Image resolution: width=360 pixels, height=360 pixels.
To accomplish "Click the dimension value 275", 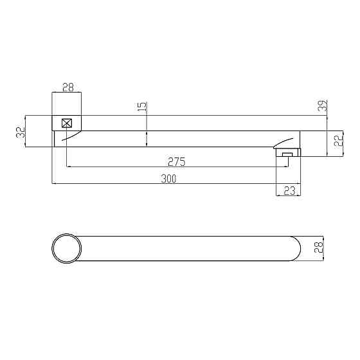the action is (176, 161).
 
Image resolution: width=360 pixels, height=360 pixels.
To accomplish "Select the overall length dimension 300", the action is (168, 179).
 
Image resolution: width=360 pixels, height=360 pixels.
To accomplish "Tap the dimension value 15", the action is (142, 107).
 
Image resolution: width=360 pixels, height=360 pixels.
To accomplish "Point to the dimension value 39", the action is (323, 105).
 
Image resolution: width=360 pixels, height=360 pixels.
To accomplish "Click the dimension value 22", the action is (338, 140).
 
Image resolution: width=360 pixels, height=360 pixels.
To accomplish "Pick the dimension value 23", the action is (289, 190).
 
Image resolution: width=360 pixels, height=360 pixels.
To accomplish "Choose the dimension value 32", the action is (21, 132).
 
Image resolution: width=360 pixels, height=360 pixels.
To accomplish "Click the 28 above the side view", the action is (68, 87).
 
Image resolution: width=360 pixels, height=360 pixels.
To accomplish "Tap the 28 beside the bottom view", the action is (319, 248).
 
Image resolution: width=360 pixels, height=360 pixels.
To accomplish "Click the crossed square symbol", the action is (67, 123).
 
